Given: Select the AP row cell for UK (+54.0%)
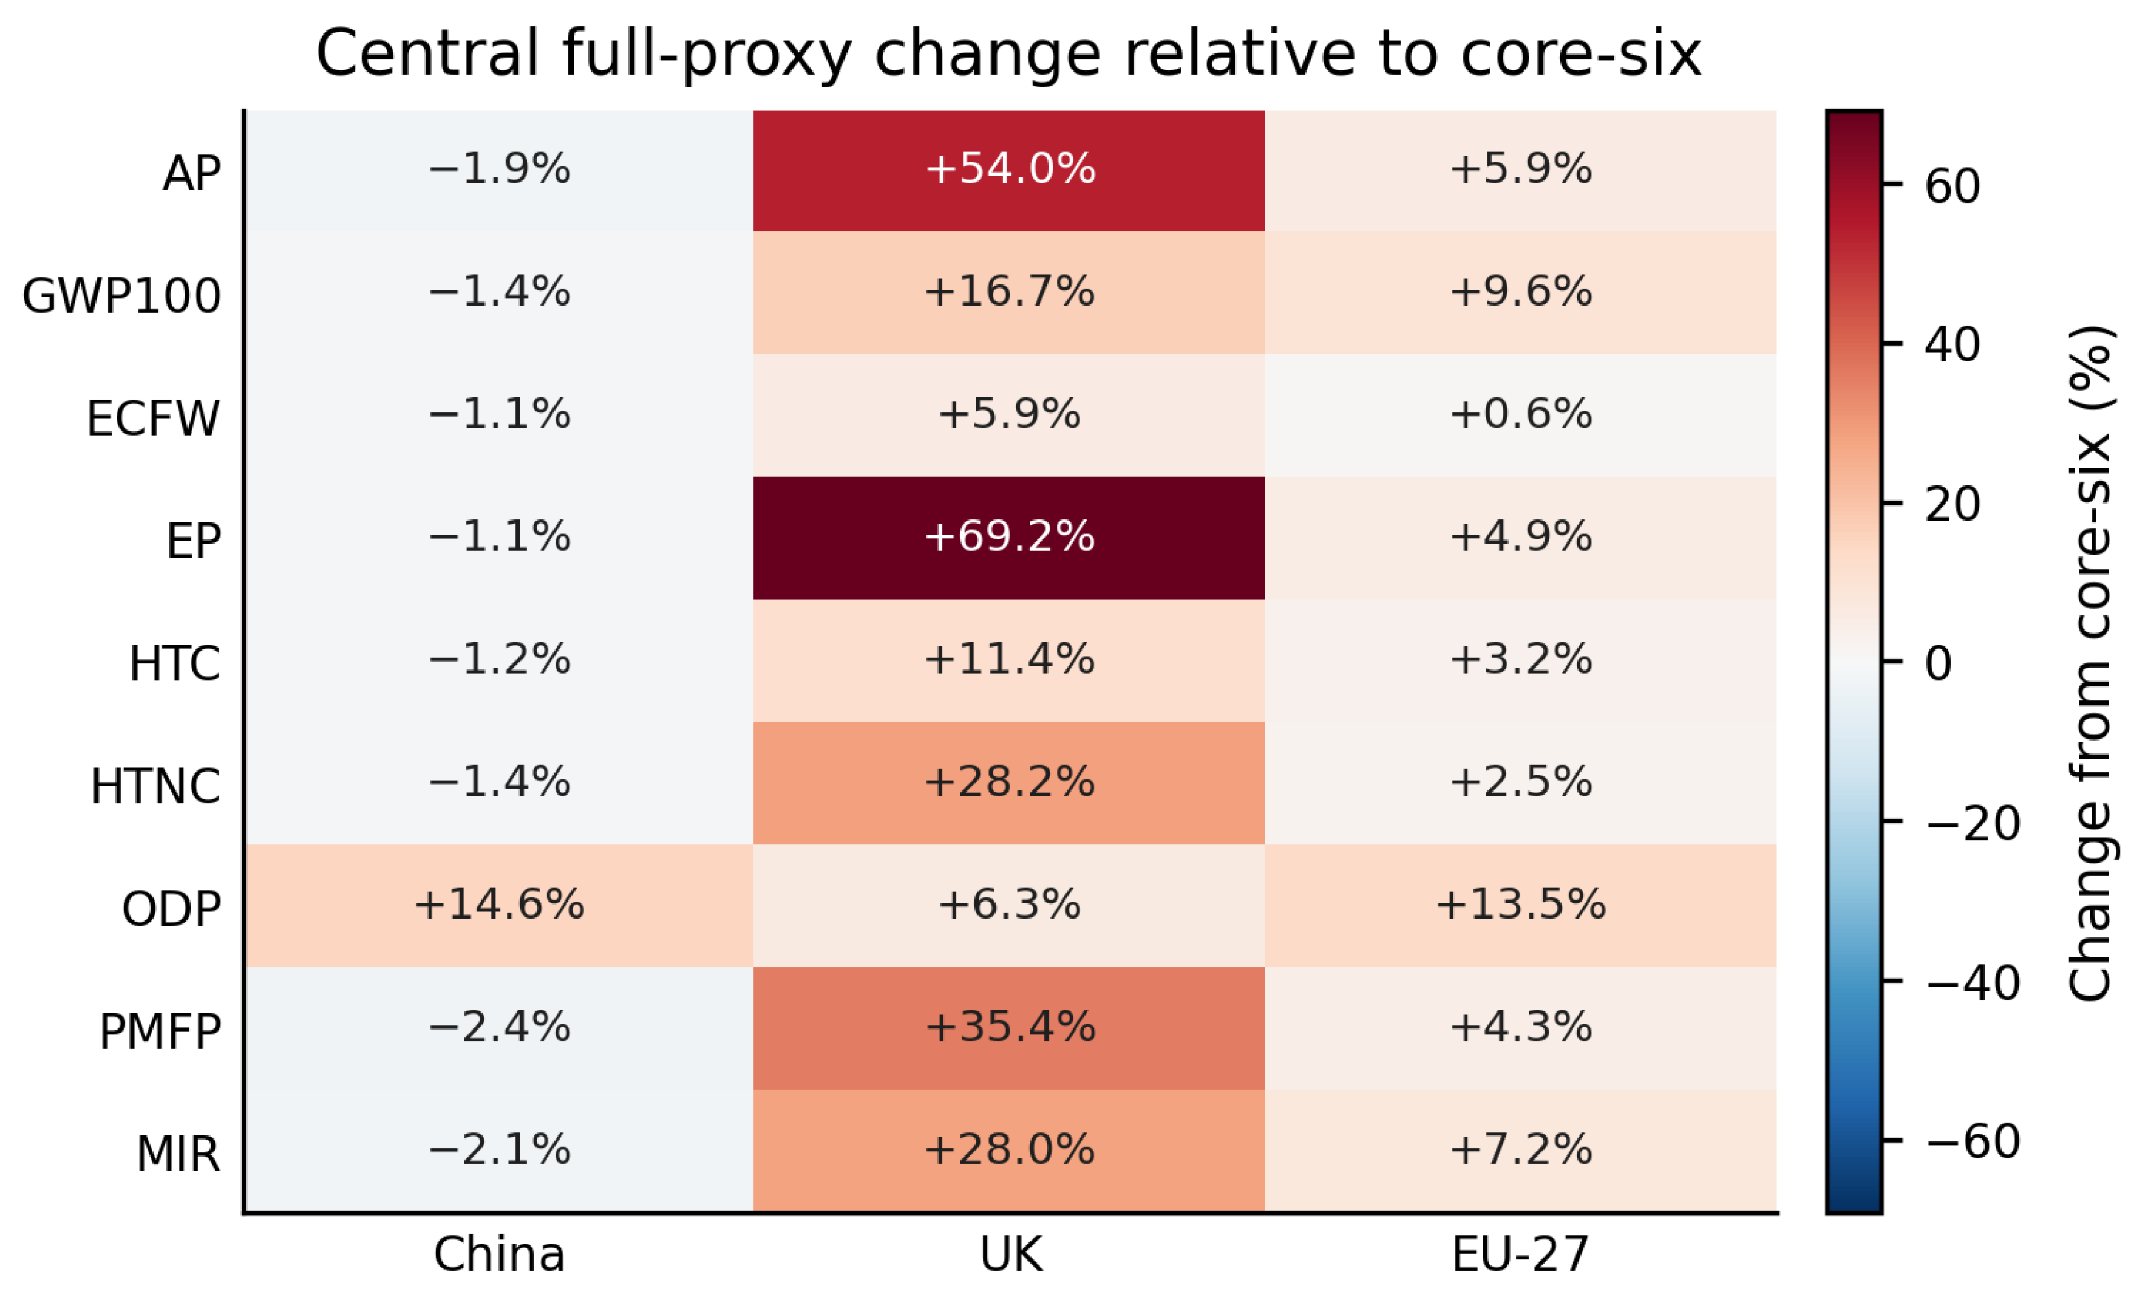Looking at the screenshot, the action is (1008, 171).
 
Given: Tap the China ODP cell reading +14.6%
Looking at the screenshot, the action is (499, 905).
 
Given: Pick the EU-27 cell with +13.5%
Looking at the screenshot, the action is (1520, 905).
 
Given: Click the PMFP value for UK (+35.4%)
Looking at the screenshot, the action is (1008, 1028).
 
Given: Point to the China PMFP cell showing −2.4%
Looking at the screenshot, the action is (499, 1028).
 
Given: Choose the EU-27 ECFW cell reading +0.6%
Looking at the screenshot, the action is (1520, 416).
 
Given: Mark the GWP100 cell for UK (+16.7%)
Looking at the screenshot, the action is (1008, 292).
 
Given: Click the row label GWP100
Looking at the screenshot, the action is (121, 296).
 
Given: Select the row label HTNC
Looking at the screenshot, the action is (155, 787).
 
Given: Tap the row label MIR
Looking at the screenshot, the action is (178, 1154).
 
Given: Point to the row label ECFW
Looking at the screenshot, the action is (153, 419).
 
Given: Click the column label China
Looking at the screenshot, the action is (499, 1254).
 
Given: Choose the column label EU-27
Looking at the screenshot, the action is (1520, 1254).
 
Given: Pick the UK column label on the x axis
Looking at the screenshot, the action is (1011, 1254).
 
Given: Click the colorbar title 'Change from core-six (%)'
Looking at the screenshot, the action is (2090, 663).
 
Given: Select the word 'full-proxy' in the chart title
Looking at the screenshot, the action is (707, 53).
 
